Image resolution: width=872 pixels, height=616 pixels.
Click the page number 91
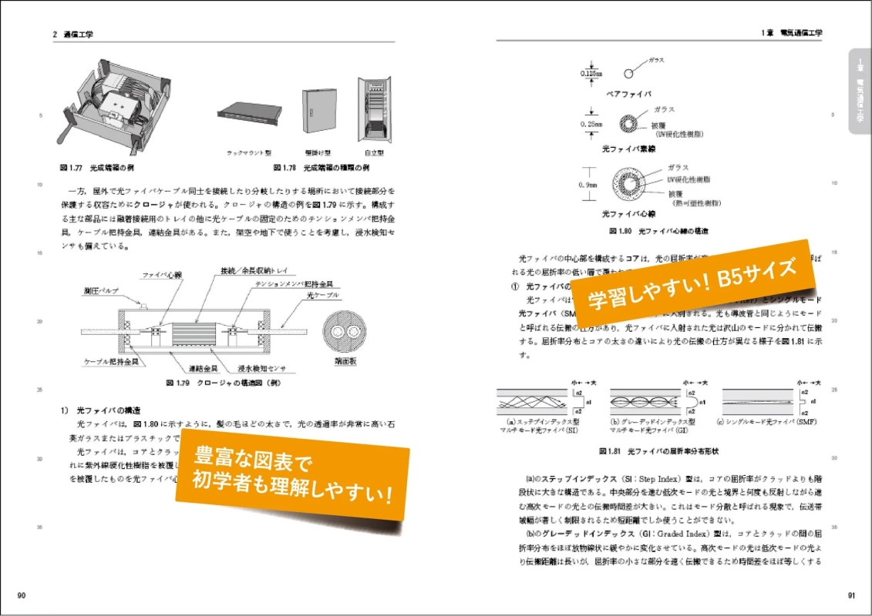coord(850,595)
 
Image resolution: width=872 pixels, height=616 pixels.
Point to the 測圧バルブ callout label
coord(100,292)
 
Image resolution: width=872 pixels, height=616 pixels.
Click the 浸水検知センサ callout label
coord(263,369)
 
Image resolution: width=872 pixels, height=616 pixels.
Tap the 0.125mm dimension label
coord(592,74)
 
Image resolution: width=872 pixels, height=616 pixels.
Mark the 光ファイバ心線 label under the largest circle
coord(628,213)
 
